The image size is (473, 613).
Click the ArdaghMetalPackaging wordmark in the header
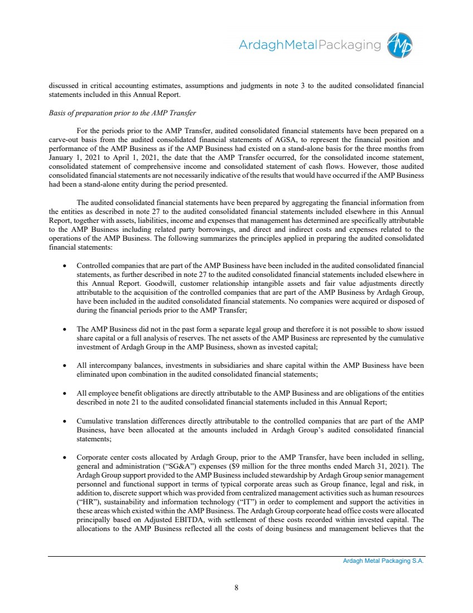coord(310,45)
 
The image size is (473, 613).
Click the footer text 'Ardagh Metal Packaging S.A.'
coord(383,562)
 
